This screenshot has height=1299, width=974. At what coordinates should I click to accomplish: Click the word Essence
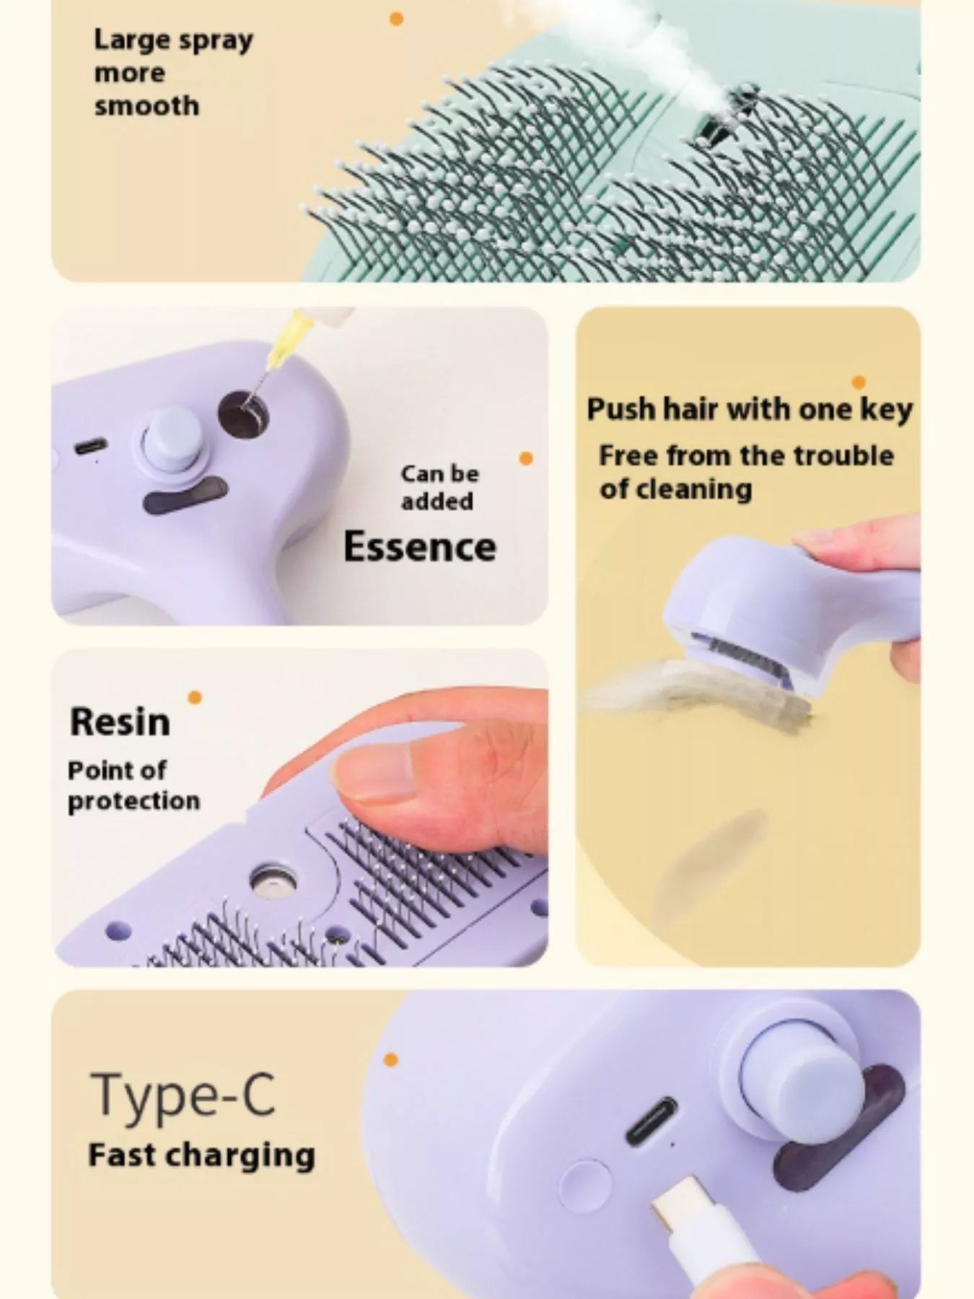coord(420,547)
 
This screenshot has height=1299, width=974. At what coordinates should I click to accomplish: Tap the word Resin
coord(120,722)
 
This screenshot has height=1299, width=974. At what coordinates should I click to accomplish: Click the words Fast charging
coord(201,1155)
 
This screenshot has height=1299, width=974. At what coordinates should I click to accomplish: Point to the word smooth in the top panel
coord(146,106)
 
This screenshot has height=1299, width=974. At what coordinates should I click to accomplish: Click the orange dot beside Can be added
coord(526,458)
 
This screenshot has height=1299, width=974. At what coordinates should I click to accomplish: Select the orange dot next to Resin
coord(195,697)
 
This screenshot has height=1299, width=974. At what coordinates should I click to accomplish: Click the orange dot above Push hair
coord(859,382)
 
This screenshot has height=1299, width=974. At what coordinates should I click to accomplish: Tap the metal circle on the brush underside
coord(273,881)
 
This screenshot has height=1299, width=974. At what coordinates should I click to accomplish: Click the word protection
coord(133,801)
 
